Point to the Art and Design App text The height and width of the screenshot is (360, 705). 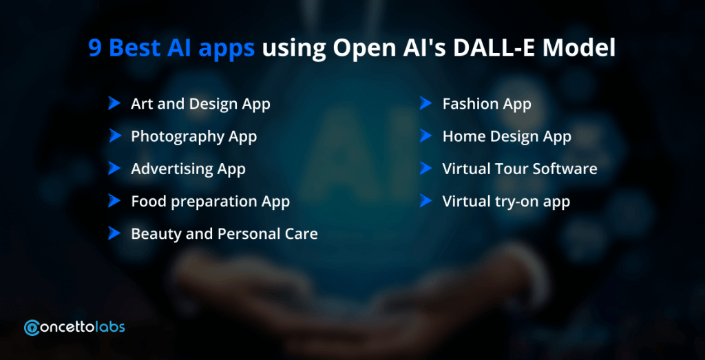click(200, 104)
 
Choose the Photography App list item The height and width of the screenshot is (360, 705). click(193, 136)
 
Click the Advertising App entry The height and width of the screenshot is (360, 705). click(188, 169)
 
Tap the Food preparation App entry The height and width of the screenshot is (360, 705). click(210, 202)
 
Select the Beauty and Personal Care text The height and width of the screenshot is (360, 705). click(224, 234)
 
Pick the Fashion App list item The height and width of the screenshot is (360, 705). click(487, 104)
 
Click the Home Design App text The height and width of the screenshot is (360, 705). click(507, 136)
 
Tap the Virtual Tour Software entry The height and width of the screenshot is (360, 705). click(520, 169)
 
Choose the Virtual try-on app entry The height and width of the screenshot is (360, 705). click(506, 202)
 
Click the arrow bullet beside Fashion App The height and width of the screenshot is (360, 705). click(425, 103)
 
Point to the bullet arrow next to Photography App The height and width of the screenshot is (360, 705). click(115, 136)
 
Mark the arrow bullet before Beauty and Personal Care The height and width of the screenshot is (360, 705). click(115, 233)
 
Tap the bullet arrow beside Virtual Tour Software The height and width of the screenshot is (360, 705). click(425, 168)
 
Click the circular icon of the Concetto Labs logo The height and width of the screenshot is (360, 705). click(32, 328)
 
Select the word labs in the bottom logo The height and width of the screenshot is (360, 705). click(111, 327)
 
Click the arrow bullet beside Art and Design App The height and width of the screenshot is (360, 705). click(115, 103)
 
